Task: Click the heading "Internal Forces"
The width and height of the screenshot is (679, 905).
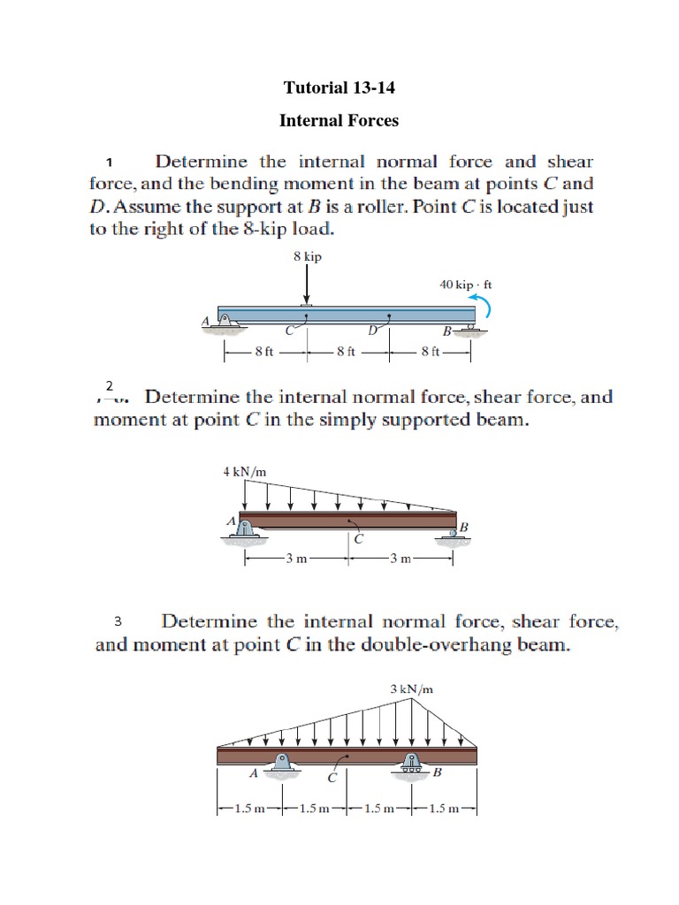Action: coord(339,120)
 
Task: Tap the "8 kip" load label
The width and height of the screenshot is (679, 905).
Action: coord(307,256)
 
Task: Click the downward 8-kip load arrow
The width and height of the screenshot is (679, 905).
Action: coord(307,285)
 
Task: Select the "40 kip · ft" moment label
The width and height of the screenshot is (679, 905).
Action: coord(465,285)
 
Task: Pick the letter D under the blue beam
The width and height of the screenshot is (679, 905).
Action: coord(373,331)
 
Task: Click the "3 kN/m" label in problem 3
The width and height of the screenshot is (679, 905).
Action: coord(411,688)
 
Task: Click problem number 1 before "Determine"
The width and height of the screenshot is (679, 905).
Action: coord(109,163)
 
